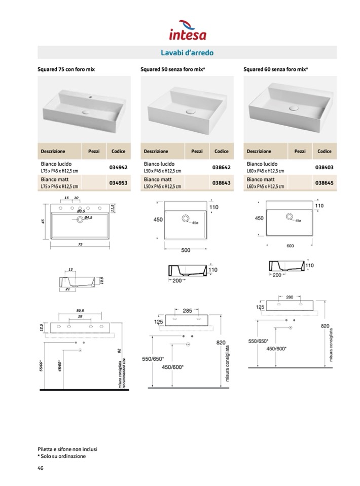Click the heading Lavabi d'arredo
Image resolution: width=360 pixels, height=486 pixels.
(x=187, y=52)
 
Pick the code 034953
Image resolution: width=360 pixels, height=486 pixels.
(x=118, y=183)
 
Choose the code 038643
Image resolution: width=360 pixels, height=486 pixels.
(x=222, y=183)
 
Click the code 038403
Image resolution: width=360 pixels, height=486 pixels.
(x=325, y=167)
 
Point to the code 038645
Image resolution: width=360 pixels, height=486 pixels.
(x=325, y=183)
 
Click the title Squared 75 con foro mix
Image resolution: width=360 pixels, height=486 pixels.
(x=66, y=68)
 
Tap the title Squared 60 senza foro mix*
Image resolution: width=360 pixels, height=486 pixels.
(x=276, y=68)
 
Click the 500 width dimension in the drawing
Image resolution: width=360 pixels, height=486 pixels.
(x=186, y=250)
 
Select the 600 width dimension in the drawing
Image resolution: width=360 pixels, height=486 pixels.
(x=290, y=246)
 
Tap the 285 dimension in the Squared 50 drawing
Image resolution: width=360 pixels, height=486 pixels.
(x=187, y=311)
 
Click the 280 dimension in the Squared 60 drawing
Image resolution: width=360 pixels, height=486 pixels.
(x=290, y=297)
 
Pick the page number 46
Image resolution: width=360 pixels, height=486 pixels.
(x=41, y=468)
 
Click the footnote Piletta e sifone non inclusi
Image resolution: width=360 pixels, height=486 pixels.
(x=67, y=449)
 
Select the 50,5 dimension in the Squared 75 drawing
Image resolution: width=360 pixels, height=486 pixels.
(x=80, y=310)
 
